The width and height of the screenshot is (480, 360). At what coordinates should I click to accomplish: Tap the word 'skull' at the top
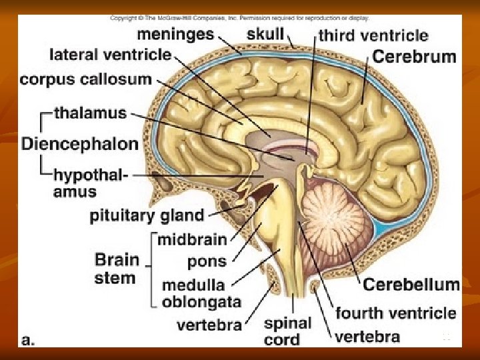(x=265, y=33)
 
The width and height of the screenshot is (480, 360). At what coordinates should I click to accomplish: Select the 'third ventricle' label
(x=373, y=36)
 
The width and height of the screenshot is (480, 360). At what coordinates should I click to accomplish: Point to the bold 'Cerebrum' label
(x=413, y=56)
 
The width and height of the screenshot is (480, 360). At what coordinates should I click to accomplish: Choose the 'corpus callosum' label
(x=86, y=79)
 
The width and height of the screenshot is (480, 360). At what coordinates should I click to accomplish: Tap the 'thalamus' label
(x=90, y=113)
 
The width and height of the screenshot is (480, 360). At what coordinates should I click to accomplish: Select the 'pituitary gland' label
(x=147, y=215)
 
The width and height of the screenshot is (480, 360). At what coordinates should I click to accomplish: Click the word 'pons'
(x=207, y=261)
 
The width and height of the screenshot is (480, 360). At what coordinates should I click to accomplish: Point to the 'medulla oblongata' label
(x=201, y=293)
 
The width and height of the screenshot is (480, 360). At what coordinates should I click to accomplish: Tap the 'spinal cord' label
(x=287, y=331)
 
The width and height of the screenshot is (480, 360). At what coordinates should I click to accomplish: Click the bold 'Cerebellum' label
(x=411, y=285)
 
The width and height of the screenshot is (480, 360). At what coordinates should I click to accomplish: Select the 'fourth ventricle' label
(x=395, y=313)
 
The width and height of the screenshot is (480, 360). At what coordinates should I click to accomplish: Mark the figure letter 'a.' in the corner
(x=29, y=339)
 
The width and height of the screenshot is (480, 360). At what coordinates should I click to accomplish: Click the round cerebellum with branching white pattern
(x=333, y=220)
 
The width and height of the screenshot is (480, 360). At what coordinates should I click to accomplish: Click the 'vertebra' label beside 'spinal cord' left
(x=209, y=325)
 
